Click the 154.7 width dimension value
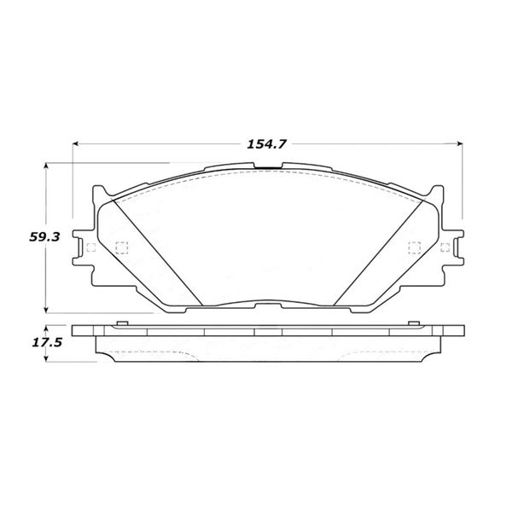(x=266, y=144)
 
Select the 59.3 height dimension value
(x=44, y=236)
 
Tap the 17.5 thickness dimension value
(x=47, y=342)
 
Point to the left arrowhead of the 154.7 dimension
(x=76, y=143)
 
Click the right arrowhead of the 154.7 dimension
(x=459, y=143)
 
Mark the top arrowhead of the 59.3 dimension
(x=46, y=166)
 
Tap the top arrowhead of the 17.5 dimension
(x=46, y=329)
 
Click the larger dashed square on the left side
(x=122, y=247)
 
